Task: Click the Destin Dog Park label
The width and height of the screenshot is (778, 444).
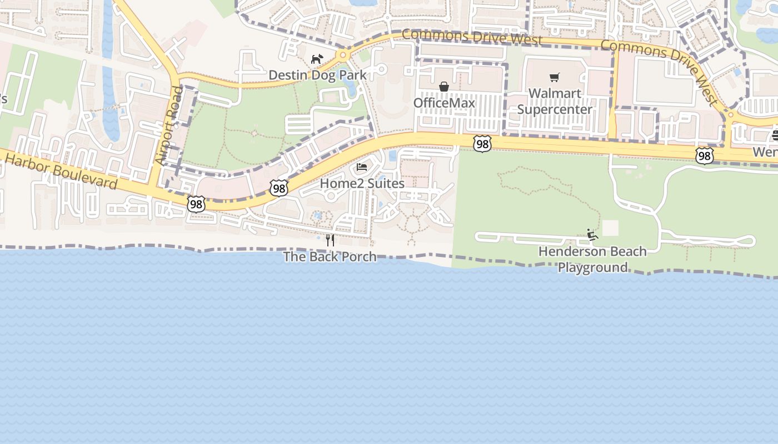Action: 317,75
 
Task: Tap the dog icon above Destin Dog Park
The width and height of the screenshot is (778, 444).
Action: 317,59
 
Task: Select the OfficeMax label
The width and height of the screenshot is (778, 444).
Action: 444,103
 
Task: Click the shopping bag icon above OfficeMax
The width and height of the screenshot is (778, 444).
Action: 444,87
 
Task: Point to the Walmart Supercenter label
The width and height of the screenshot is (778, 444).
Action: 555,102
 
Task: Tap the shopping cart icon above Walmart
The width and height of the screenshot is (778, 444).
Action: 554,77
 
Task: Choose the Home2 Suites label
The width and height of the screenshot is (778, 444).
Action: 362,183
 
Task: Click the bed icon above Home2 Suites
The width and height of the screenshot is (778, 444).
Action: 362,167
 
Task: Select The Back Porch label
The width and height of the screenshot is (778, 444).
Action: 330,256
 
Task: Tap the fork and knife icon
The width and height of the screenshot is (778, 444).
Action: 330,240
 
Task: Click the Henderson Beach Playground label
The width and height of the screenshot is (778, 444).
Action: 592,259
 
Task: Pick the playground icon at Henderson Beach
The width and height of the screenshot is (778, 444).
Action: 592,235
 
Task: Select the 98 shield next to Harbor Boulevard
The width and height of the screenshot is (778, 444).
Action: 196,204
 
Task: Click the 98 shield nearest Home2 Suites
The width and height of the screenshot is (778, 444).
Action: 279,188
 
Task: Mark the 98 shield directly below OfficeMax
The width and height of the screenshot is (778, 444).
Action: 482,144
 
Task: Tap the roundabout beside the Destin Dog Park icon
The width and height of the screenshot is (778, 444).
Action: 343,55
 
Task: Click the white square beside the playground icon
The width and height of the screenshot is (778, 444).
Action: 610,228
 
